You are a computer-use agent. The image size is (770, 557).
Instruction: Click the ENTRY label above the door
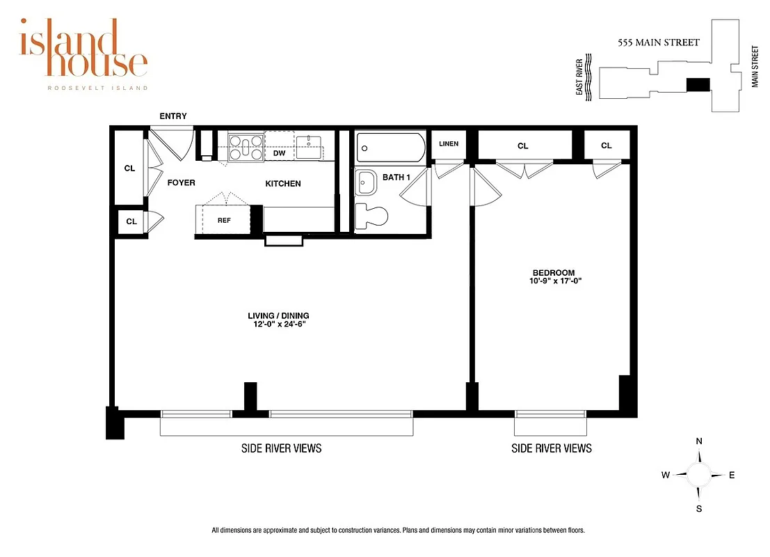pos(173,116)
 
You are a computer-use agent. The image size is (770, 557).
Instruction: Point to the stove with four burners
pos(246,148)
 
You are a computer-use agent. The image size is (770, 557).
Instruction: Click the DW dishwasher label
pos(279,153)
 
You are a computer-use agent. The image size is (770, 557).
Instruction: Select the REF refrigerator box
pos(224,221)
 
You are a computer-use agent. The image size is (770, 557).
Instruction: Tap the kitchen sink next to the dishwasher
pos(308,144)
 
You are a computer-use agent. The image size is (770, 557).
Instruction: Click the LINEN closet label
pos(449,144)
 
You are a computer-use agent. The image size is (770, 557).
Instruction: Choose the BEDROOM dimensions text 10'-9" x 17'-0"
pos(556,282)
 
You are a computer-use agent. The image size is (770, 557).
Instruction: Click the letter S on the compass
pos(699,508)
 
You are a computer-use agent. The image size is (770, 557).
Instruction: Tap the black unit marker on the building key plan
pos(698,84)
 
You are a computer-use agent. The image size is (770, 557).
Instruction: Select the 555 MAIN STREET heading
pos(659,42)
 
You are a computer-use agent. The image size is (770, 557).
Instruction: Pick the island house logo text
pos(83,50)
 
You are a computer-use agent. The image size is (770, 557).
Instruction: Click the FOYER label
pos(182,183)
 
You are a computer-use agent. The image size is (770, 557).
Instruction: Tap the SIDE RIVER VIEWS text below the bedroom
pos(552,448)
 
